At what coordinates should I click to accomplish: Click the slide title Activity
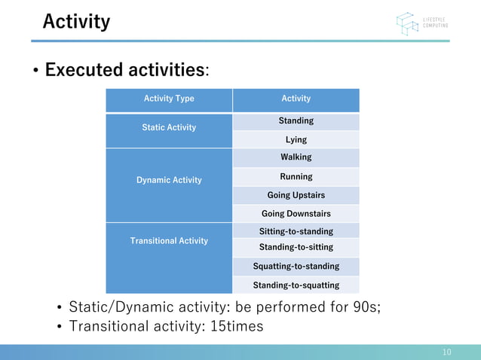tap(76, 21)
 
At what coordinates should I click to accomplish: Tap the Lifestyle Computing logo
tap(421, 23)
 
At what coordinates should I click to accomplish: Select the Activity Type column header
tap(169, 99)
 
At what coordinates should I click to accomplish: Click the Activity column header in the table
tap(296, 99)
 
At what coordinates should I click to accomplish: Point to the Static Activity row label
tap(169, 128)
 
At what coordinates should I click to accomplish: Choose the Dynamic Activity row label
tap(169, 180)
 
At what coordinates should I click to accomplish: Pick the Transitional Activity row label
tap(169, 241)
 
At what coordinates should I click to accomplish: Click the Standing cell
tap(296, 121)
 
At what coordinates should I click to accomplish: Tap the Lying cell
tap(296, 139)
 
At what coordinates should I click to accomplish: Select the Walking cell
tap(296, 157)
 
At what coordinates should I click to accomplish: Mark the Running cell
tap(296, 177)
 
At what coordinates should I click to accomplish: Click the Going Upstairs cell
tap(296, 195)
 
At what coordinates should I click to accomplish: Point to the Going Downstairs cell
tap(296, 214)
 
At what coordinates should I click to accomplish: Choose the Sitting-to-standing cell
tap(296, 231)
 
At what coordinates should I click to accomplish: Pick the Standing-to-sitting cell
tap(296, 247)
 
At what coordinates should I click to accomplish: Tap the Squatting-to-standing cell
tap(296, 266)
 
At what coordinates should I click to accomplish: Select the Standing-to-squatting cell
tap(296, 285)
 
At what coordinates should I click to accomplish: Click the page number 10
tap(446, 352)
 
